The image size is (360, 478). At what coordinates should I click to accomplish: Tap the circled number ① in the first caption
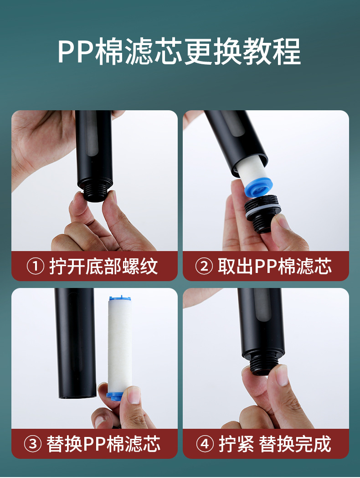point(36,266)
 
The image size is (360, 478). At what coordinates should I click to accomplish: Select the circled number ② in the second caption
point(204,266)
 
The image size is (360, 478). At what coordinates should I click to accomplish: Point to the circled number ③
point(33,444)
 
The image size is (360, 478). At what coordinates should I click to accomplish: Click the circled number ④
point(205,444)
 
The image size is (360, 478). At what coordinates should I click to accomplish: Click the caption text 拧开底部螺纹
point(103,266)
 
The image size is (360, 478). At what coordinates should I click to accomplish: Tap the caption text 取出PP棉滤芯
point(275,266)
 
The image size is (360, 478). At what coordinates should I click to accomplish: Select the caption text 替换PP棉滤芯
point(103,444)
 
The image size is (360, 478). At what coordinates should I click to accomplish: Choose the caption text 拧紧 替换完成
point(275,444)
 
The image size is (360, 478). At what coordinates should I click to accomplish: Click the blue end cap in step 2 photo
point(258,186)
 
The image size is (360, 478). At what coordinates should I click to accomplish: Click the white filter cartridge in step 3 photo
point(119,346)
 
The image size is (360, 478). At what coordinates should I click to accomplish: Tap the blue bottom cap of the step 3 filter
point(115,395)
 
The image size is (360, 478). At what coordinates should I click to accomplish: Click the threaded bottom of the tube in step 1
point(95,193)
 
